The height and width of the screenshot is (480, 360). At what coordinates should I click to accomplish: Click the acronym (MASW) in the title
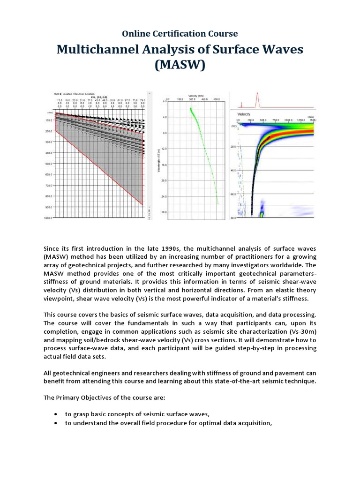click(180, 65)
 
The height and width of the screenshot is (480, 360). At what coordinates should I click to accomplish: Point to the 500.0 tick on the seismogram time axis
click(48, 164)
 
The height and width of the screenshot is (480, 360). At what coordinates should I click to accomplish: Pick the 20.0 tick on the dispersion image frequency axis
click(232, 147)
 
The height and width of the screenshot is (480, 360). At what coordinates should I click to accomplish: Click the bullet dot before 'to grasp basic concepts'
click(56, 414)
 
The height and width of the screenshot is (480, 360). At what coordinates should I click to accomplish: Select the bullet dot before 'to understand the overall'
click(56, 423)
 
